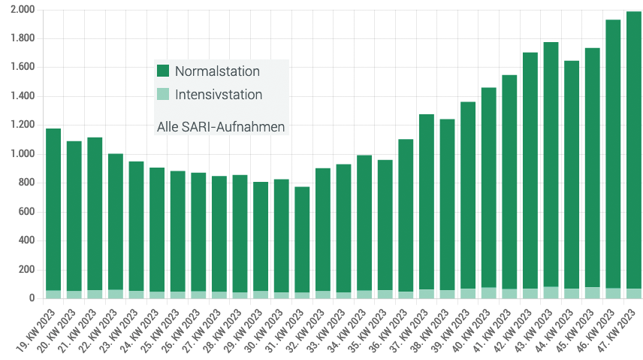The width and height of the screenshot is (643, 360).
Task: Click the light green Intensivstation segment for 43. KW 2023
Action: point(551,292)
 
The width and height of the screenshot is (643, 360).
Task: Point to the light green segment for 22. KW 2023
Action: point(115,294)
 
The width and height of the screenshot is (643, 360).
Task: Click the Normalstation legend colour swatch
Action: point(163,71)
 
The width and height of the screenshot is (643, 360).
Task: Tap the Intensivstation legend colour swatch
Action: point(163,95)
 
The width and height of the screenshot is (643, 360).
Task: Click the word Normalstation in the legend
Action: point(217,71)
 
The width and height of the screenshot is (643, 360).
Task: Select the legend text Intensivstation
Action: point(219,95)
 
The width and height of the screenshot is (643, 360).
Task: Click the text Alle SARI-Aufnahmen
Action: point(221,127)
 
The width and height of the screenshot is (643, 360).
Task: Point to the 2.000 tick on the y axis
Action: point(23,10)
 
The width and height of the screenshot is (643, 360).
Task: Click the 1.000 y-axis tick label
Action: point(23,154)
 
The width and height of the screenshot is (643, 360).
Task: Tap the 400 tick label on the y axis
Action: point(27,241)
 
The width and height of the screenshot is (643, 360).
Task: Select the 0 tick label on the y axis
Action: point(32,298)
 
